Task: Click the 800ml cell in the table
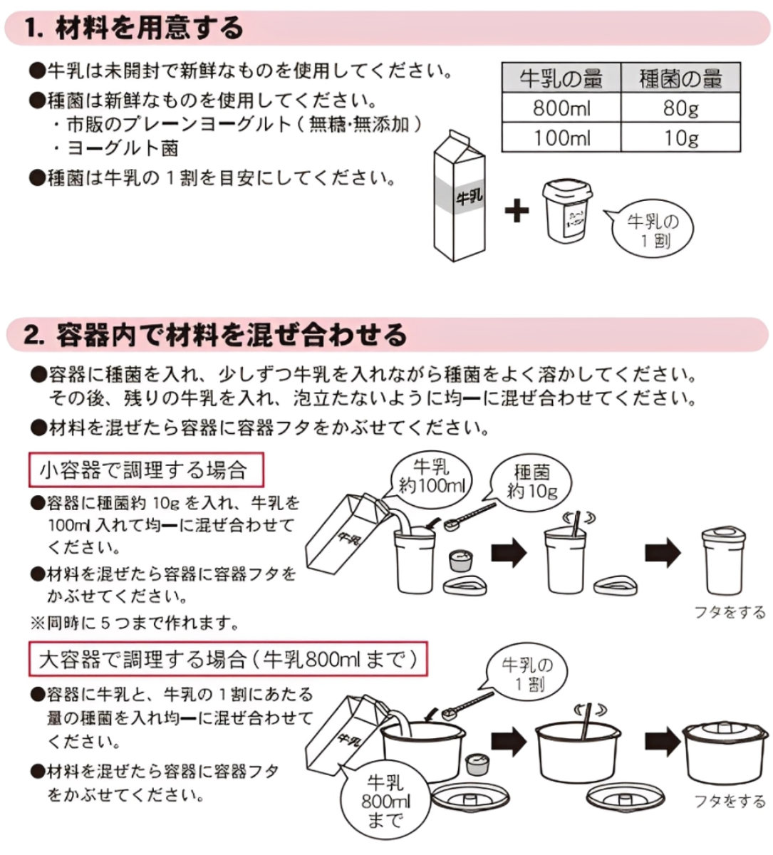tap(561, 108)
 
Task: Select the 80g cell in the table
tap(680, 108)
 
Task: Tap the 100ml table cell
tap(561, 138)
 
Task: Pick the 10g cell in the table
tap(680, 138)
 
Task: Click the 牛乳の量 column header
tap(561, 78)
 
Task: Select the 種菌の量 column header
tap(680, 78)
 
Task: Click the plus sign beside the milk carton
tap(517, 210)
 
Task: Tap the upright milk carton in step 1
tap(460, 196)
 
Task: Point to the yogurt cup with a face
tap(568, 211)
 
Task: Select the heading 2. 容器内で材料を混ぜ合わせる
tap(215, 335)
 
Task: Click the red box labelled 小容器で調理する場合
tap(146, 470)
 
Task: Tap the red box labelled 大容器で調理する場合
tap(228, 659)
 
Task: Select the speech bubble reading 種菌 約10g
tap(531, 482)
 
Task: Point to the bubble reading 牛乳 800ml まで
tap(385, 802)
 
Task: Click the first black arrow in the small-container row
tap(509, 553)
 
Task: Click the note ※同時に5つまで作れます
tap(134, 623)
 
